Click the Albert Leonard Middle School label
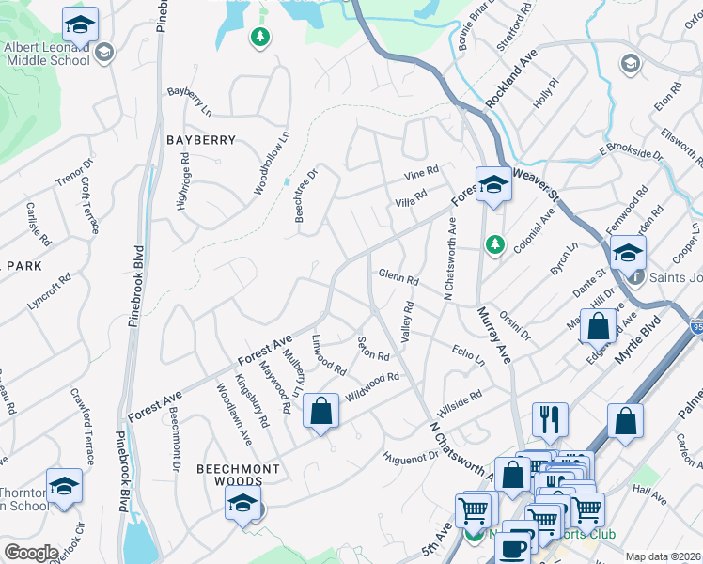tap(47, 54)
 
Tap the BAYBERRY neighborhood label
tap(201, 140)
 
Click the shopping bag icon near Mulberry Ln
tap(320, 412)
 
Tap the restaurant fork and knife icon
tap(550, 419)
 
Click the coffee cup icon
tap(513, 546)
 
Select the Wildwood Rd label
tap(373, 384)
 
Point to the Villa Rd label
tap(410, 197)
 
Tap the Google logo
tap(31, 553)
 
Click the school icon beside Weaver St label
tap(492, 184)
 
